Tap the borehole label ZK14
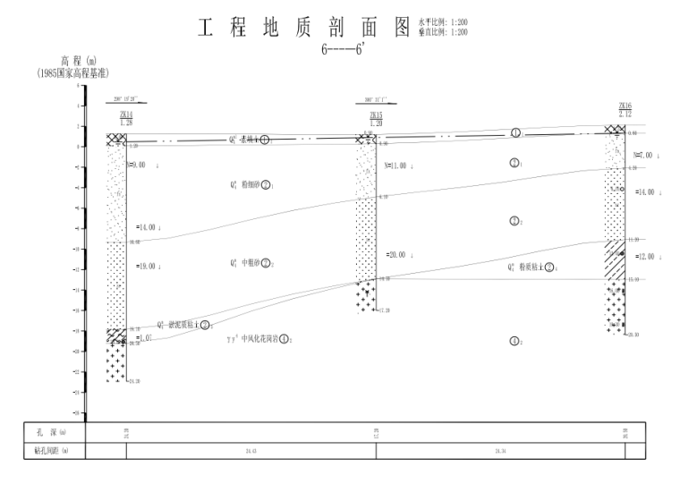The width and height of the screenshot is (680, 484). (125, 115)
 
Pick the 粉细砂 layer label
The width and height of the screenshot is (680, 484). (251, 185)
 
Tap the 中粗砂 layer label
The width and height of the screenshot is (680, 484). (251, 263)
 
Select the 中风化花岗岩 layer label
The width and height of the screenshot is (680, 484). (259, 339)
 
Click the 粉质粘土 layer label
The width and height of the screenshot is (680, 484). (531, 267)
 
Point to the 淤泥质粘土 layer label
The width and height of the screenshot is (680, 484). (184, 325)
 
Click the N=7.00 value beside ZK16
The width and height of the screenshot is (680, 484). (643, 156)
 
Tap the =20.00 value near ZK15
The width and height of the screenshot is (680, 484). (395, 255)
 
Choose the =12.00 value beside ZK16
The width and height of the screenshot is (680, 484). (645, 257)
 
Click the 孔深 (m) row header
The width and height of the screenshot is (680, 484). (53, 433)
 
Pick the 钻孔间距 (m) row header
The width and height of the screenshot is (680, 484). (53, 451)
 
